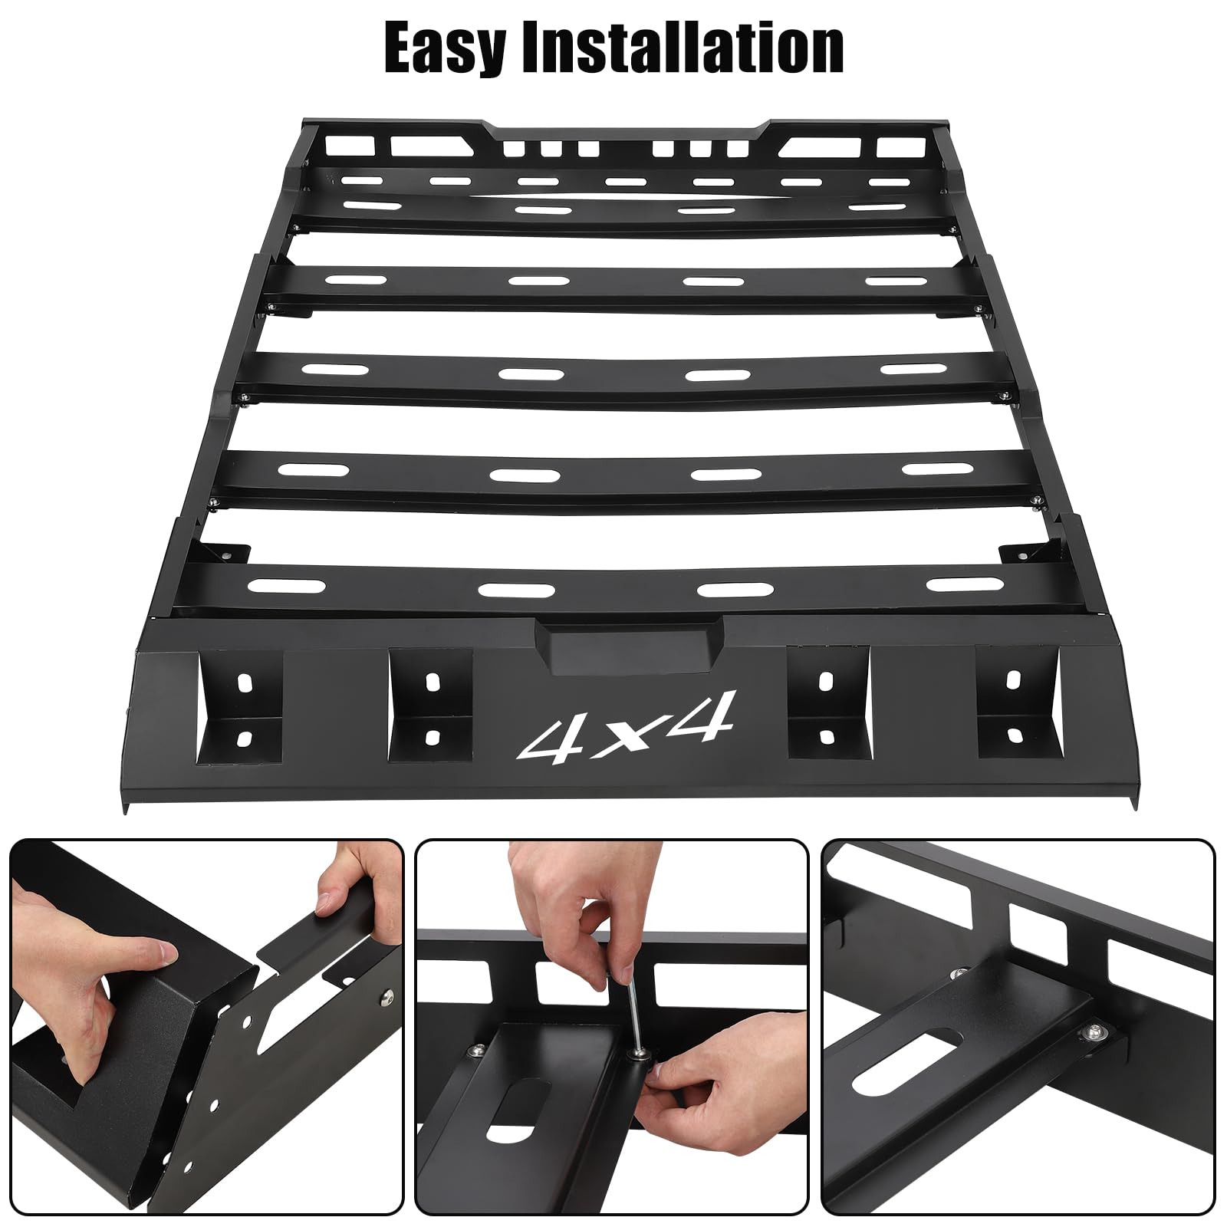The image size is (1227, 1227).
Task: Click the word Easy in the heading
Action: click(440, 48)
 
